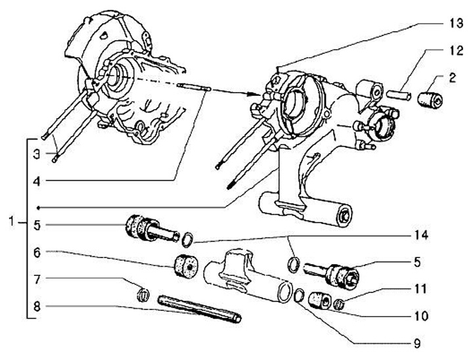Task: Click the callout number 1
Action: [x=11, y=222]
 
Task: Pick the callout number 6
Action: [x=37, y=252]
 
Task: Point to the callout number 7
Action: [x=37, y=280]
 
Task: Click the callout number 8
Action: [x=37, y=305]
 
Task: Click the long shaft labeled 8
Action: [x=200, y=309]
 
